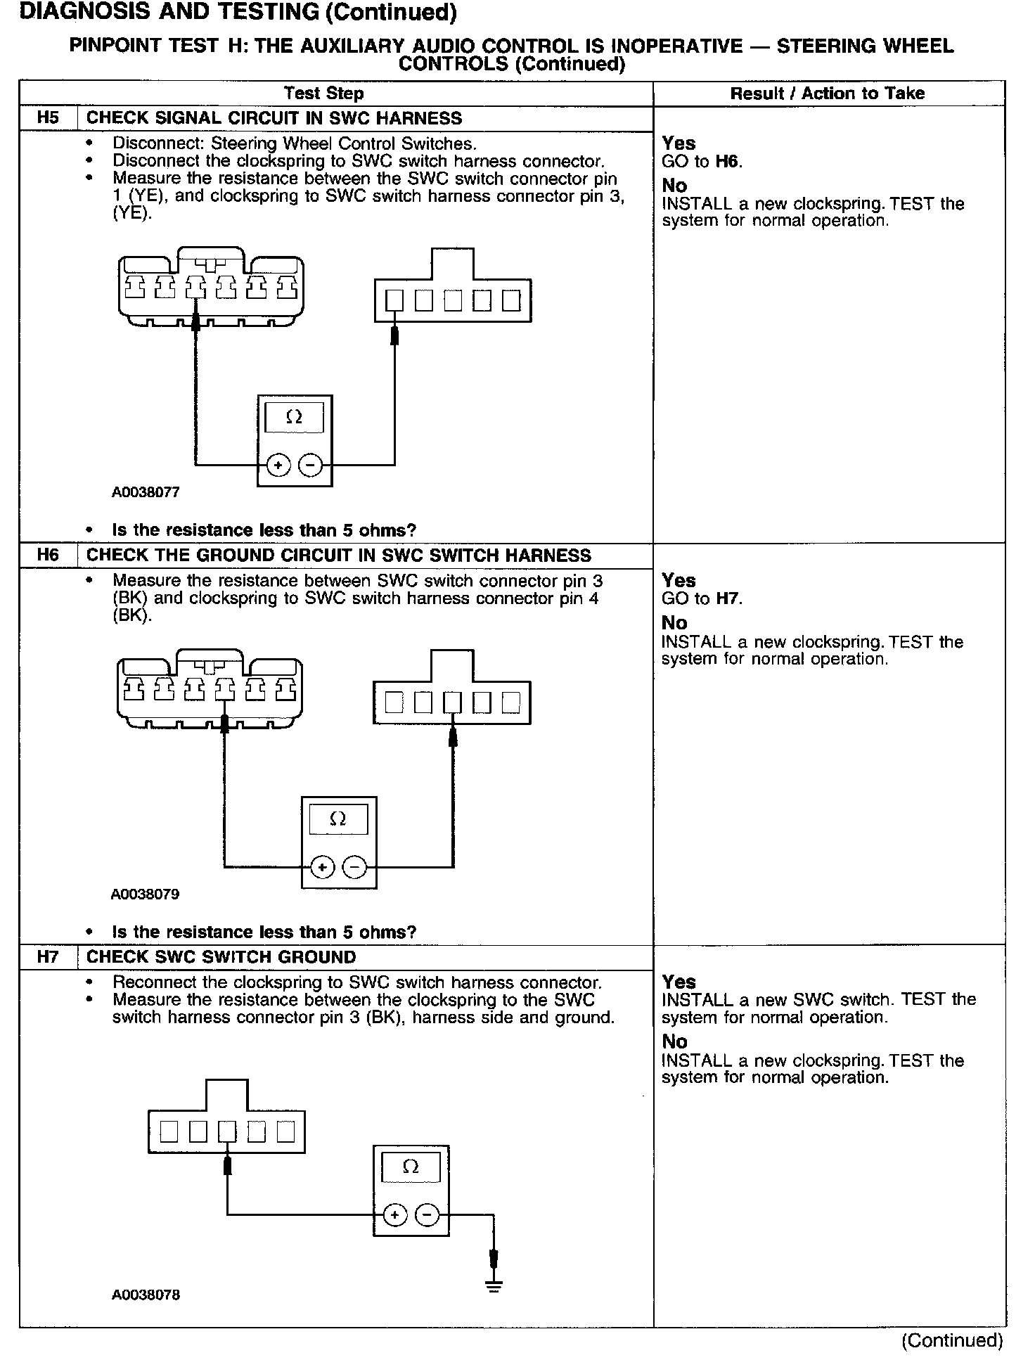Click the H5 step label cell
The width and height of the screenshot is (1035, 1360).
(x=48, y=118)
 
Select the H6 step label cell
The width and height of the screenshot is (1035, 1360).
(x=48, y=556)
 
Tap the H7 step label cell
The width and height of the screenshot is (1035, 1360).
(x=48, y=957)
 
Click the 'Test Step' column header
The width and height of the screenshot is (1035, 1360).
(x=323, y=94)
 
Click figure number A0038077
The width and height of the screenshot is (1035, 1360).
(x=146, y=492)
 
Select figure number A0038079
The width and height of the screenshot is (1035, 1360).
(x=145, y=894)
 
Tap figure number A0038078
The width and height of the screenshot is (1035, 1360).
(x=146, y=1295)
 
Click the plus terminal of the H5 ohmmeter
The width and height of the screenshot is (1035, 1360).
(x=279, y=465)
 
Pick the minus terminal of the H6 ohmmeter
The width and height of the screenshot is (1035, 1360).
(x=354, y=867)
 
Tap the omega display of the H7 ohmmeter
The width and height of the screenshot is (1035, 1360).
(x=411, y=1167)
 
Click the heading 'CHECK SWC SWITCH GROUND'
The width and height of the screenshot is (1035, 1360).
(x=221, y=957)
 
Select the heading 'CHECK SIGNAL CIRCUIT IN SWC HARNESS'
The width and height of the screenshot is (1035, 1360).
(x=274, y=118)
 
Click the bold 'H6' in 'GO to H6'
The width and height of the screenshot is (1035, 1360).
(x=728, y=162)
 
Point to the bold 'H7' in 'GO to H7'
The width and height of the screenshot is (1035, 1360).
(x=728, y=599)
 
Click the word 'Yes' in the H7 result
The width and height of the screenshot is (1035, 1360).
(x=679, y=982)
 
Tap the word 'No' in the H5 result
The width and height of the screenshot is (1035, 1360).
(x=674, y=186)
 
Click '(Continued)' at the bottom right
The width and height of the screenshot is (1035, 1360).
(x=952, y=1340)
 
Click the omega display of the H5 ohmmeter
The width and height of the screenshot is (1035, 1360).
(x=294, y=418)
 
